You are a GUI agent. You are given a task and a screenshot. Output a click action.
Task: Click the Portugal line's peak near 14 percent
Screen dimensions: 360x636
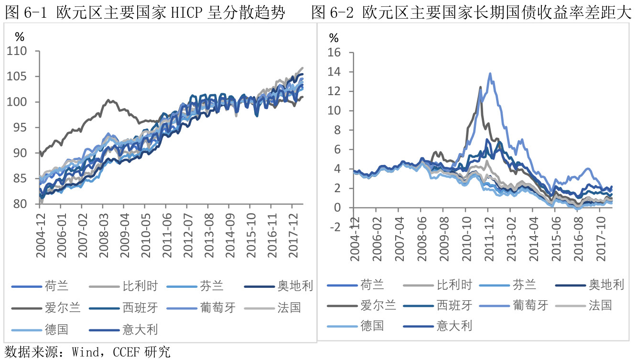click(x=490, y=74)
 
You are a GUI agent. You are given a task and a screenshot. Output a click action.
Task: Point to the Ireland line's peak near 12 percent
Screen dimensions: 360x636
click(x=480, y=87)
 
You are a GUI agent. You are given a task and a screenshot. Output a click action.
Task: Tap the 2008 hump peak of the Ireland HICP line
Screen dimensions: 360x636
click(x=108, y=100)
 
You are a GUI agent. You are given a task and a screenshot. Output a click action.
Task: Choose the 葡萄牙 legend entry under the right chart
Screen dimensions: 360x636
click(x=529, y=305)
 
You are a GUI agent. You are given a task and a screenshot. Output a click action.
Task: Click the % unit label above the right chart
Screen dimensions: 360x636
click(x=334, y=38)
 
